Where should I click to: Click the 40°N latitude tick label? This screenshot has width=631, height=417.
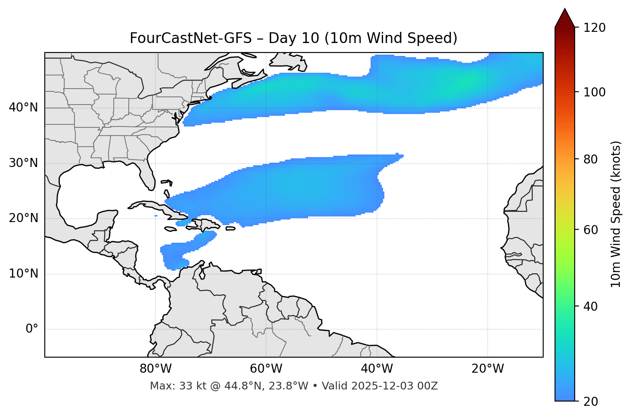[24, 108]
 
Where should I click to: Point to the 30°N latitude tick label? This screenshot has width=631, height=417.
[24, 163]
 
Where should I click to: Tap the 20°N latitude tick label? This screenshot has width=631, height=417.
[24, 218]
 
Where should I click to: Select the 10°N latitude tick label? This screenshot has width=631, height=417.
[24, 274]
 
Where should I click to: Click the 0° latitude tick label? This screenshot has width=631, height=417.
[32, 329]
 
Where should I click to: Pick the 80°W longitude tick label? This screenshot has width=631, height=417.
[155, 369]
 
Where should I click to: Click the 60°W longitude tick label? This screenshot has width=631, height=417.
[266, 369]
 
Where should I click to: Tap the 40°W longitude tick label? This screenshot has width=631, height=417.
[377, 369]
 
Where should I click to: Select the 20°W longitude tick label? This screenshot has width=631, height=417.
[487, 369]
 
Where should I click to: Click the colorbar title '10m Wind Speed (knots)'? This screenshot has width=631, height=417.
[616, 214]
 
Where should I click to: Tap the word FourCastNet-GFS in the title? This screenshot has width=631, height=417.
[191, 38]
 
